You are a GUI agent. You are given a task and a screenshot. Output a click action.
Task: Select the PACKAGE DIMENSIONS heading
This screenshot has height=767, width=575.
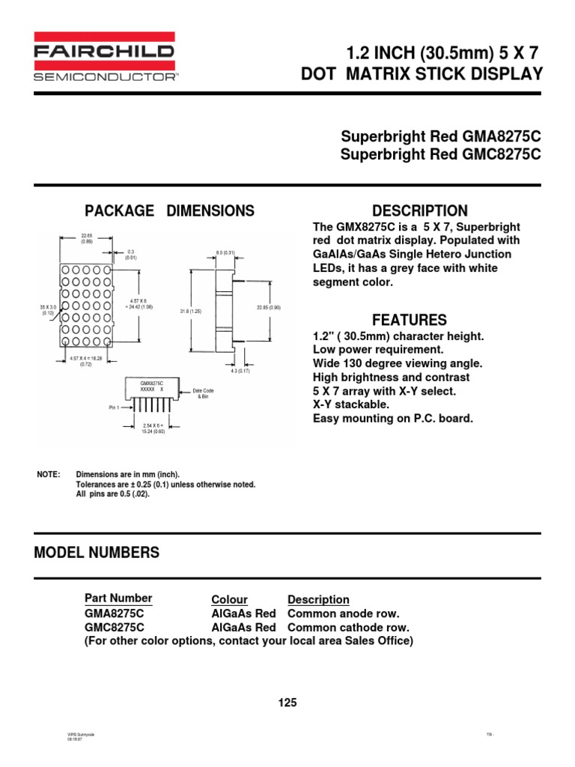click(169, 211)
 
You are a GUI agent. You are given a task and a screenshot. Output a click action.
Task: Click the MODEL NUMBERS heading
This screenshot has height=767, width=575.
click(97, 553)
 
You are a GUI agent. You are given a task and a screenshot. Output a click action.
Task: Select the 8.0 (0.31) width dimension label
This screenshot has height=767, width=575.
click(225, 252)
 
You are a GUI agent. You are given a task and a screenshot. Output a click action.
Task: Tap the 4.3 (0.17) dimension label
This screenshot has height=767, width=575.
click(240, 370)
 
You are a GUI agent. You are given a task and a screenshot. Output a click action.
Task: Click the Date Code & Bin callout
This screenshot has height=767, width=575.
click(204, 393)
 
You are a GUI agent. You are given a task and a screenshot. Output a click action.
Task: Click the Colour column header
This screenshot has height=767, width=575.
click(229, 599)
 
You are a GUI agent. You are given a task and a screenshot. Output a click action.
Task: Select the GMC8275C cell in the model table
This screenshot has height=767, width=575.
click(115, 627)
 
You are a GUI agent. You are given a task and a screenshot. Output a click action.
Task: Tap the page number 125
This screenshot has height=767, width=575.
click(287, 703)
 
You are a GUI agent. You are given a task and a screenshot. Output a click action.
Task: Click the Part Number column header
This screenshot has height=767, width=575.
click(118, 598)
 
